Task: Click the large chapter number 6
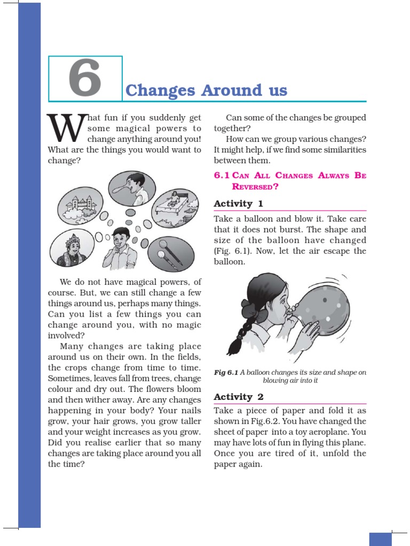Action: click(85, 79)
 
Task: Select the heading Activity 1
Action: click(238, 204)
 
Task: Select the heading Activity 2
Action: click(238, 397)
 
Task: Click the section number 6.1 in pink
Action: click(223, 175)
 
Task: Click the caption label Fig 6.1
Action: click(226, 373)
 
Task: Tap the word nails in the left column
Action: click(190, 411)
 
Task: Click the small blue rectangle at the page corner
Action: click(380, 539)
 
